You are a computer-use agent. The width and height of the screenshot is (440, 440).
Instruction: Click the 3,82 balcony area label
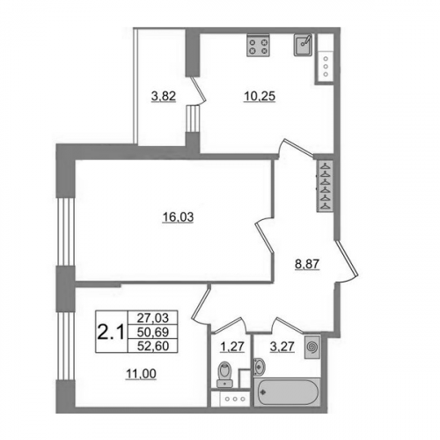164,96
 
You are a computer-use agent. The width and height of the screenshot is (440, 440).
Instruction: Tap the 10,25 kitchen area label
260,96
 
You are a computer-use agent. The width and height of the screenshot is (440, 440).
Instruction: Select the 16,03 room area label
178,217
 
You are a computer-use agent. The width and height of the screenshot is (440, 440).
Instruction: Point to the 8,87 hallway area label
307,264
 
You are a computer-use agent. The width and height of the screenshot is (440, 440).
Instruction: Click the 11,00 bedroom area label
141,374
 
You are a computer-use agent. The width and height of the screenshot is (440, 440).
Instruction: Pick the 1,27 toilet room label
232,347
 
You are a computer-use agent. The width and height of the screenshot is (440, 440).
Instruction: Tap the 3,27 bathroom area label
282,347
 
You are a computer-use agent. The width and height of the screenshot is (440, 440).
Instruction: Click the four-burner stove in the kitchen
258,46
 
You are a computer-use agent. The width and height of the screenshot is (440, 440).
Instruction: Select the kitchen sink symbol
304,45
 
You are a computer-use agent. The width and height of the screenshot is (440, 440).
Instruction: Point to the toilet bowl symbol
225,374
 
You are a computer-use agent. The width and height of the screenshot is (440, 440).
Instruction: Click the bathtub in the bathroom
287,392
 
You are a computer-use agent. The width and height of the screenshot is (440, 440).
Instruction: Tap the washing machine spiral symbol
312,348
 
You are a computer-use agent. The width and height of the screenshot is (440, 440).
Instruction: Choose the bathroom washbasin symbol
260,366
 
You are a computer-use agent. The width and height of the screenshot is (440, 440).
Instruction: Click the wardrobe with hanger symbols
325,186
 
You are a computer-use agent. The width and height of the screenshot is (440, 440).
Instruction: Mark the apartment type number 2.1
112,332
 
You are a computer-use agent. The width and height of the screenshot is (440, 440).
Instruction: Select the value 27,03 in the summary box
153,318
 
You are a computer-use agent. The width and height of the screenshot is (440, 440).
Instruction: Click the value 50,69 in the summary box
153,332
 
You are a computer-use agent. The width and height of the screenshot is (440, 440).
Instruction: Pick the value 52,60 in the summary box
153,346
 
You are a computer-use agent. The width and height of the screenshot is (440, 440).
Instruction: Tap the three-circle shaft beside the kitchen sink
326,66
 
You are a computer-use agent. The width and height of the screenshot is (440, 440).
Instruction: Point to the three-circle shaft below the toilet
234,399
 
